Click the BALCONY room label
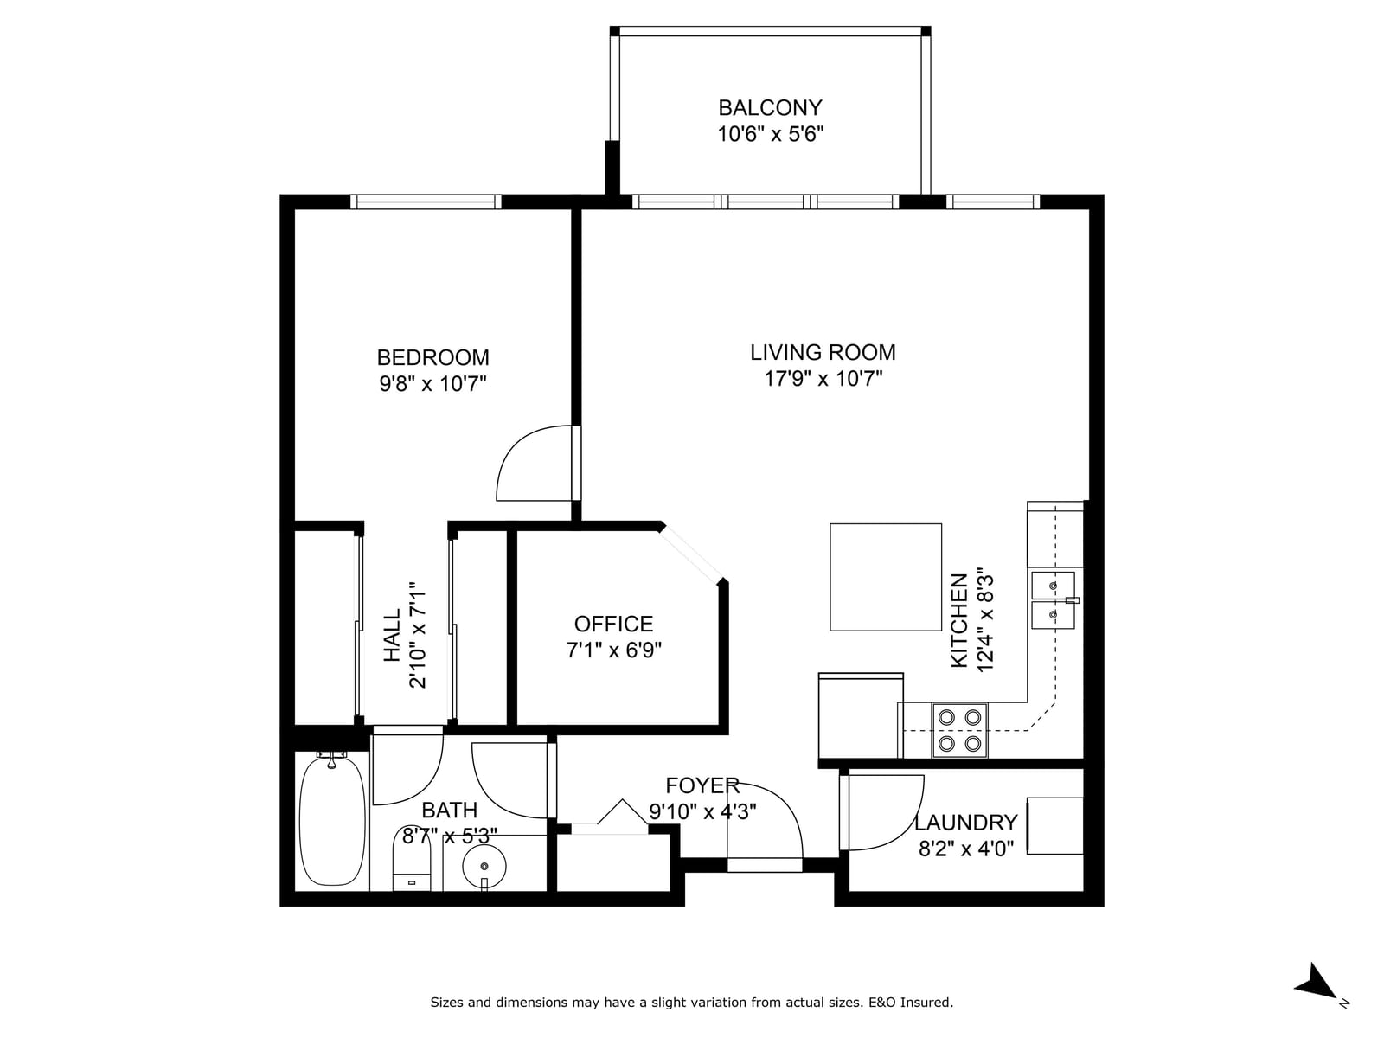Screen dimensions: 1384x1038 coord(770,108)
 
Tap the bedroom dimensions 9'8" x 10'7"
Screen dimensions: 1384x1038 coord(432,383)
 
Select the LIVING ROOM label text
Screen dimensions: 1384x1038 coord(823,352)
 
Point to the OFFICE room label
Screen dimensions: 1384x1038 coord(613,624)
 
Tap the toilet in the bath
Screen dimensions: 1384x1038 coord(411,858)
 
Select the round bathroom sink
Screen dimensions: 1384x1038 coord(484,867)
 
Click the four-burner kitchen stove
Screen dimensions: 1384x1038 coord(959,730)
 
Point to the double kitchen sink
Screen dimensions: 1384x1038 coord(1053,600)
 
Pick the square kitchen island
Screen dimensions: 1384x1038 coord(885,577)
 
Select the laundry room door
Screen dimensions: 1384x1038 coord(881,812)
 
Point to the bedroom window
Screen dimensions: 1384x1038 coord(426,202)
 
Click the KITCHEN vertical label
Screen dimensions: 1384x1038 coord(958,620)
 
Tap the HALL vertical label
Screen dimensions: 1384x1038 coord(392,635)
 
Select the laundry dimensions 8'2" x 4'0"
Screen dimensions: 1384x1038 coord(965,849)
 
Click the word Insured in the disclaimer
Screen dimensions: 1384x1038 coord(926,1002)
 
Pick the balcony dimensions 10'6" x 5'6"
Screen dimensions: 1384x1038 coord(770,134)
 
